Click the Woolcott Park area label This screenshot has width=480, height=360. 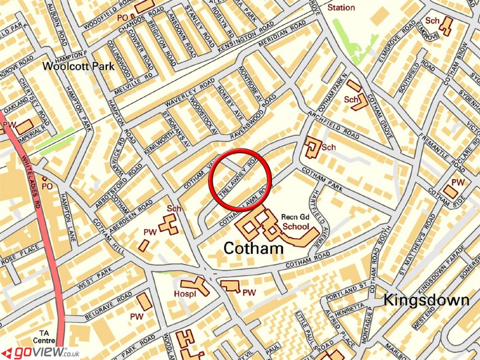click(x=78, y=67)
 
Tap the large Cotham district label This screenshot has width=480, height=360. click(x=253, y=248)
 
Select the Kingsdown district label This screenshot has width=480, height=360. click(x=426, y=300)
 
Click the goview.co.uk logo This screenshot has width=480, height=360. click(x=40, y=352)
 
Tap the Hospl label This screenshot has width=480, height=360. click(x=185, y=294)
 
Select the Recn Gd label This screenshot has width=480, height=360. click(x=296, y=217)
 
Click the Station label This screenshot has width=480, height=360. click(x=341, y=8)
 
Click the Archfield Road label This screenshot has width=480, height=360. click(x=333, y=125)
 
